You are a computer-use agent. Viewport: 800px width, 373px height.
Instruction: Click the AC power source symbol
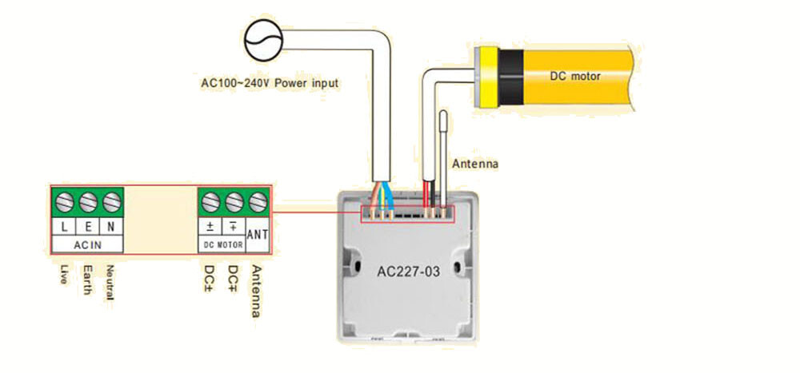click(x=263, y=42)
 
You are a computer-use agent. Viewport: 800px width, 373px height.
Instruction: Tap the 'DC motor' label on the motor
click(x=575, y=77)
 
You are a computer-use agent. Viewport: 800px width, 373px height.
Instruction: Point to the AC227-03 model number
click(x=408, y=272)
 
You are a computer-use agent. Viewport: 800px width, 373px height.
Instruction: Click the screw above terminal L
click(x=64, y=204)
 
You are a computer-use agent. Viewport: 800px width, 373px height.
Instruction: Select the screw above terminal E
click(x=88, y=204)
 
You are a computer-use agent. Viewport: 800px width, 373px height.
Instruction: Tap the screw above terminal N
click(x=111, y=204)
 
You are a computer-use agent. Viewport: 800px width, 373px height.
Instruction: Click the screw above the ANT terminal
click(x=258, y=203)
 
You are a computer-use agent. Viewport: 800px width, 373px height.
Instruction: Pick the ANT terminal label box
click(x=258, y=235)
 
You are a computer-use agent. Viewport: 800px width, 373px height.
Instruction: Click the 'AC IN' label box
click(x=88, y=244)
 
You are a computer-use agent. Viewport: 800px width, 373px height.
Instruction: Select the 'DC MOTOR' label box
click(x=222, y=245)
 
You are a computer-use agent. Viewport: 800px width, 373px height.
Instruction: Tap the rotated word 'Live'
click(x=65, y=274)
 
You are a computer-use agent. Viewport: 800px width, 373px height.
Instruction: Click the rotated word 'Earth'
click(x=88, y=280)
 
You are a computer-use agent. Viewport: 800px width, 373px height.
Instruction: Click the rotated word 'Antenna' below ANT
click(x=257, y=291)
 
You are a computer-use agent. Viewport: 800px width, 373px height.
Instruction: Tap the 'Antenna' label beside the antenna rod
click(x=475, y=164)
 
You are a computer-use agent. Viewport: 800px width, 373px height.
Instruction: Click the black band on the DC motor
click(x=511, y=77)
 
